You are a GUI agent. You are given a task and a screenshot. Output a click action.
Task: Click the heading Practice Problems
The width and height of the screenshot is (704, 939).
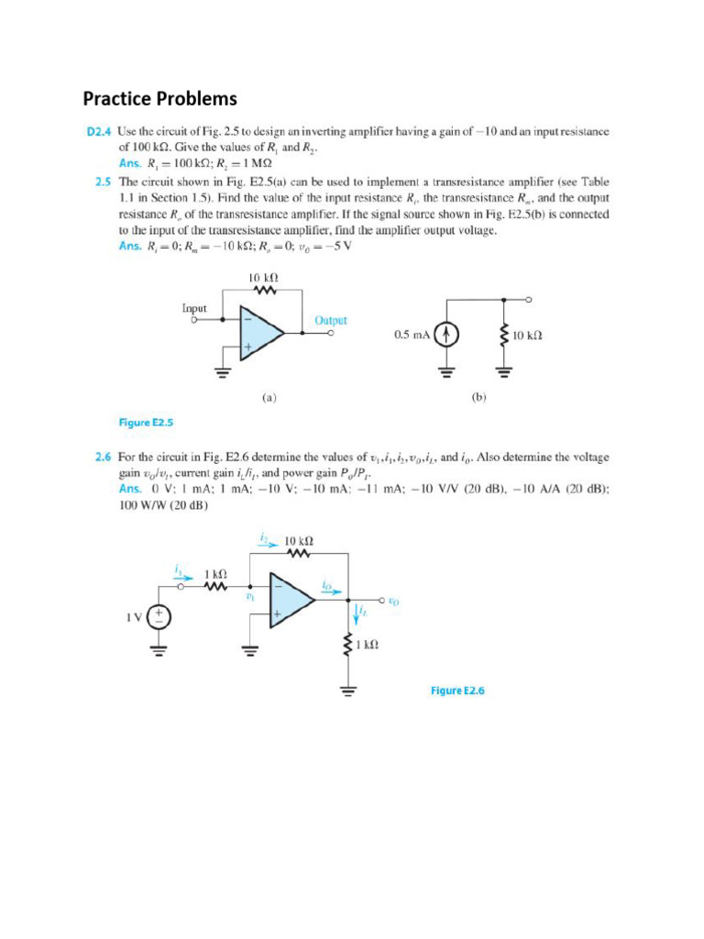159,98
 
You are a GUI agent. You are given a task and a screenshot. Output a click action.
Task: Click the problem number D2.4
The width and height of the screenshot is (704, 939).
100,132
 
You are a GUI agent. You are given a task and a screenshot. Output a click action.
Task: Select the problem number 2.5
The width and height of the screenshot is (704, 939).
104,182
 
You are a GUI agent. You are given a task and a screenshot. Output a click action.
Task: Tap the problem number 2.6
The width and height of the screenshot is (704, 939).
104,456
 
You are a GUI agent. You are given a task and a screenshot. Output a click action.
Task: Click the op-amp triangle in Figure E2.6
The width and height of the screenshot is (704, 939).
289,601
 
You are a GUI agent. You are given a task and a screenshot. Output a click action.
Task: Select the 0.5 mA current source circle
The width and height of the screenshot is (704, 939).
446,336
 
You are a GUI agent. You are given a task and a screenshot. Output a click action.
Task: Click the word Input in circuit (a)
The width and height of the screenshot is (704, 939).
194,309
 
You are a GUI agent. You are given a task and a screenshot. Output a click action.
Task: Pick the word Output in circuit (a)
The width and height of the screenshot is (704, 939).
331,320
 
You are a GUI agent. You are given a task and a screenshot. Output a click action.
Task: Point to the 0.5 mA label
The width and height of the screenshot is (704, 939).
412,336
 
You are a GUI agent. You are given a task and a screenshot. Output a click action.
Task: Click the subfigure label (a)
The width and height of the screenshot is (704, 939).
269,398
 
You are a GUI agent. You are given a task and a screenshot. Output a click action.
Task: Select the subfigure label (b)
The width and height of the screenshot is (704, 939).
478,398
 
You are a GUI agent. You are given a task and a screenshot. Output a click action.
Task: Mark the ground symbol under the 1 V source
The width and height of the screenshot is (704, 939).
159,653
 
